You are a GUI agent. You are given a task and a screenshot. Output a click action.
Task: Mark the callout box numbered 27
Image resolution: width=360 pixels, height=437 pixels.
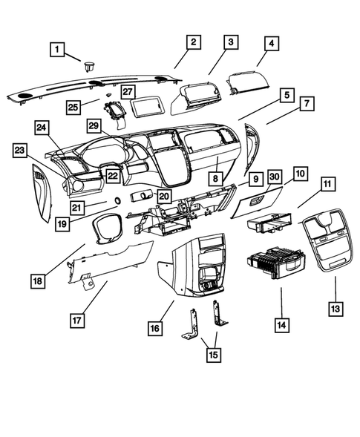pos(128,92)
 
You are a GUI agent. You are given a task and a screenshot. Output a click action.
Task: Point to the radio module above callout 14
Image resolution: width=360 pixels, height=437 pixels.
pos(273,266)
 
